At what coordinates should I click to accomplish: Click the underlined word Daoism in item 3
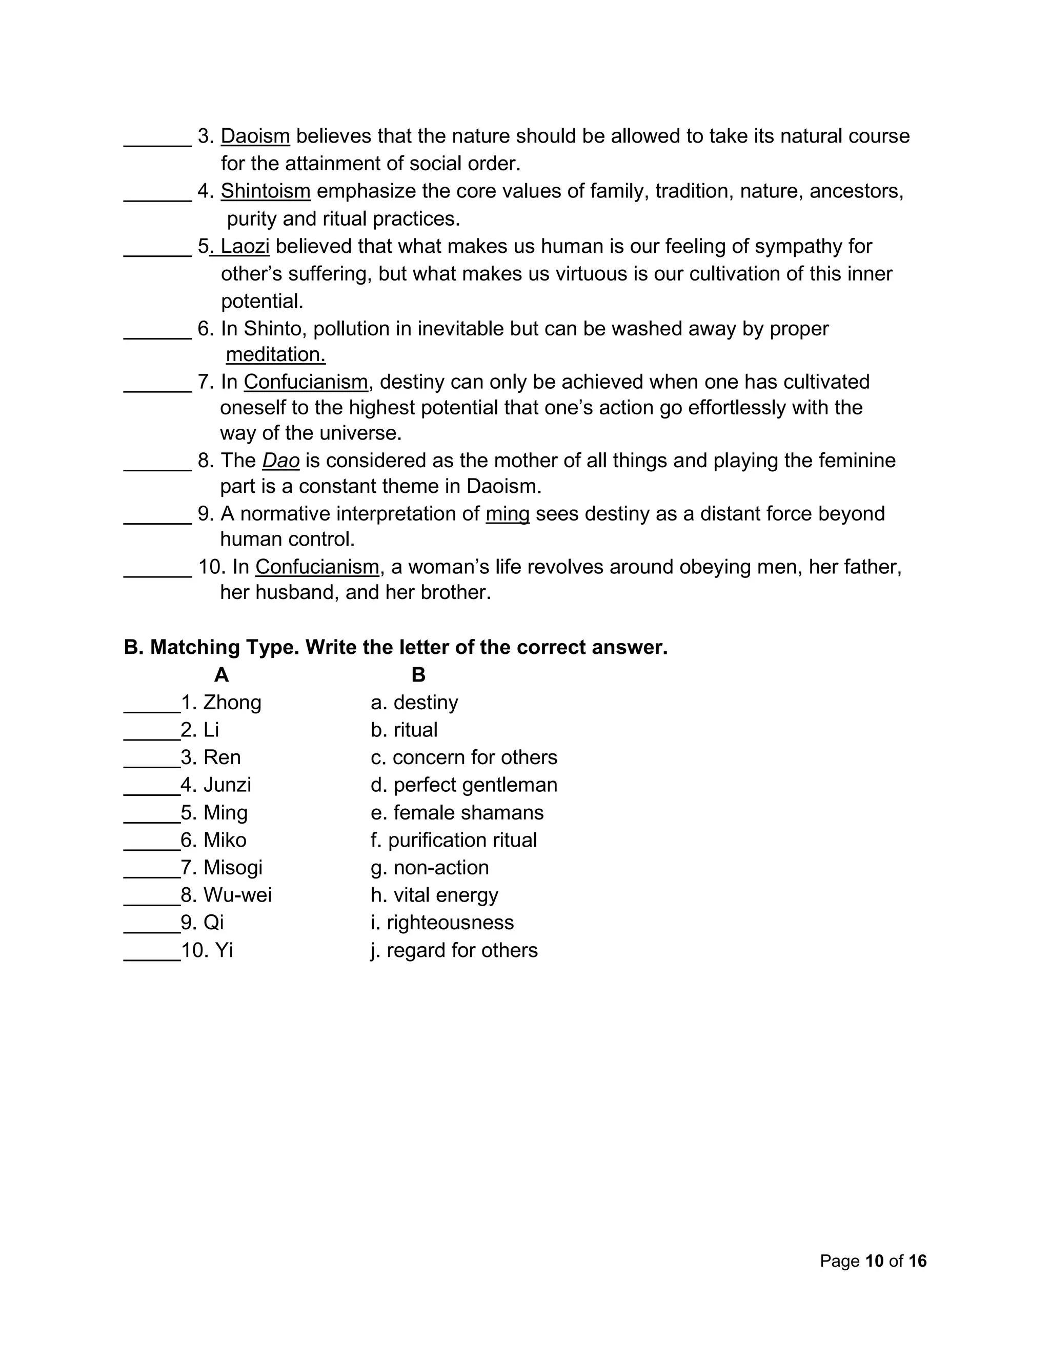[255, 136]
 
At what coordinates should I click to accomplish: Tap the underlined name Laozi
[245, 246]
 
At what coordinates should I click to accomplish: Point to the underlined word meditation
[275, 355]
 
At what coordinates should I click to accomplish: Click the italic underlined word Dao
[280, 461]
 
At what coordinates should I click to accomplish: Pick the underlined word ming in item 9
[507, 514]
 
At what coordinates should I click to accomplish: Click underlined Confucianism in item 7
[306, 382]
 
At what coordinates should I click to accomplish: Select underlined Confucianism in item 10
[317, 567]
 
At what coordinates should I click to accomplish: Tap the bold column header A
[221, 675]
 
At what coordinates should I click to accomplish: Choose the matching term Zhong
[232, 703]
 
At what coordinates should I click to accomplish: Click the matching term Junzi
[227, 785]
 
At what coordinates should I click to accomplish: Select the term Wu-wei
[237, 895]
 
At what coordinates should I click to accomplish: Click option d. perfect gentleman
[463, 785]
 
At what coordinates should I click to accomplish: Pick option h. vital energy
[434, 895]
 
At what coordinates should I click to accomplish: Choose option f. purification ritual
[453, 840]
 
